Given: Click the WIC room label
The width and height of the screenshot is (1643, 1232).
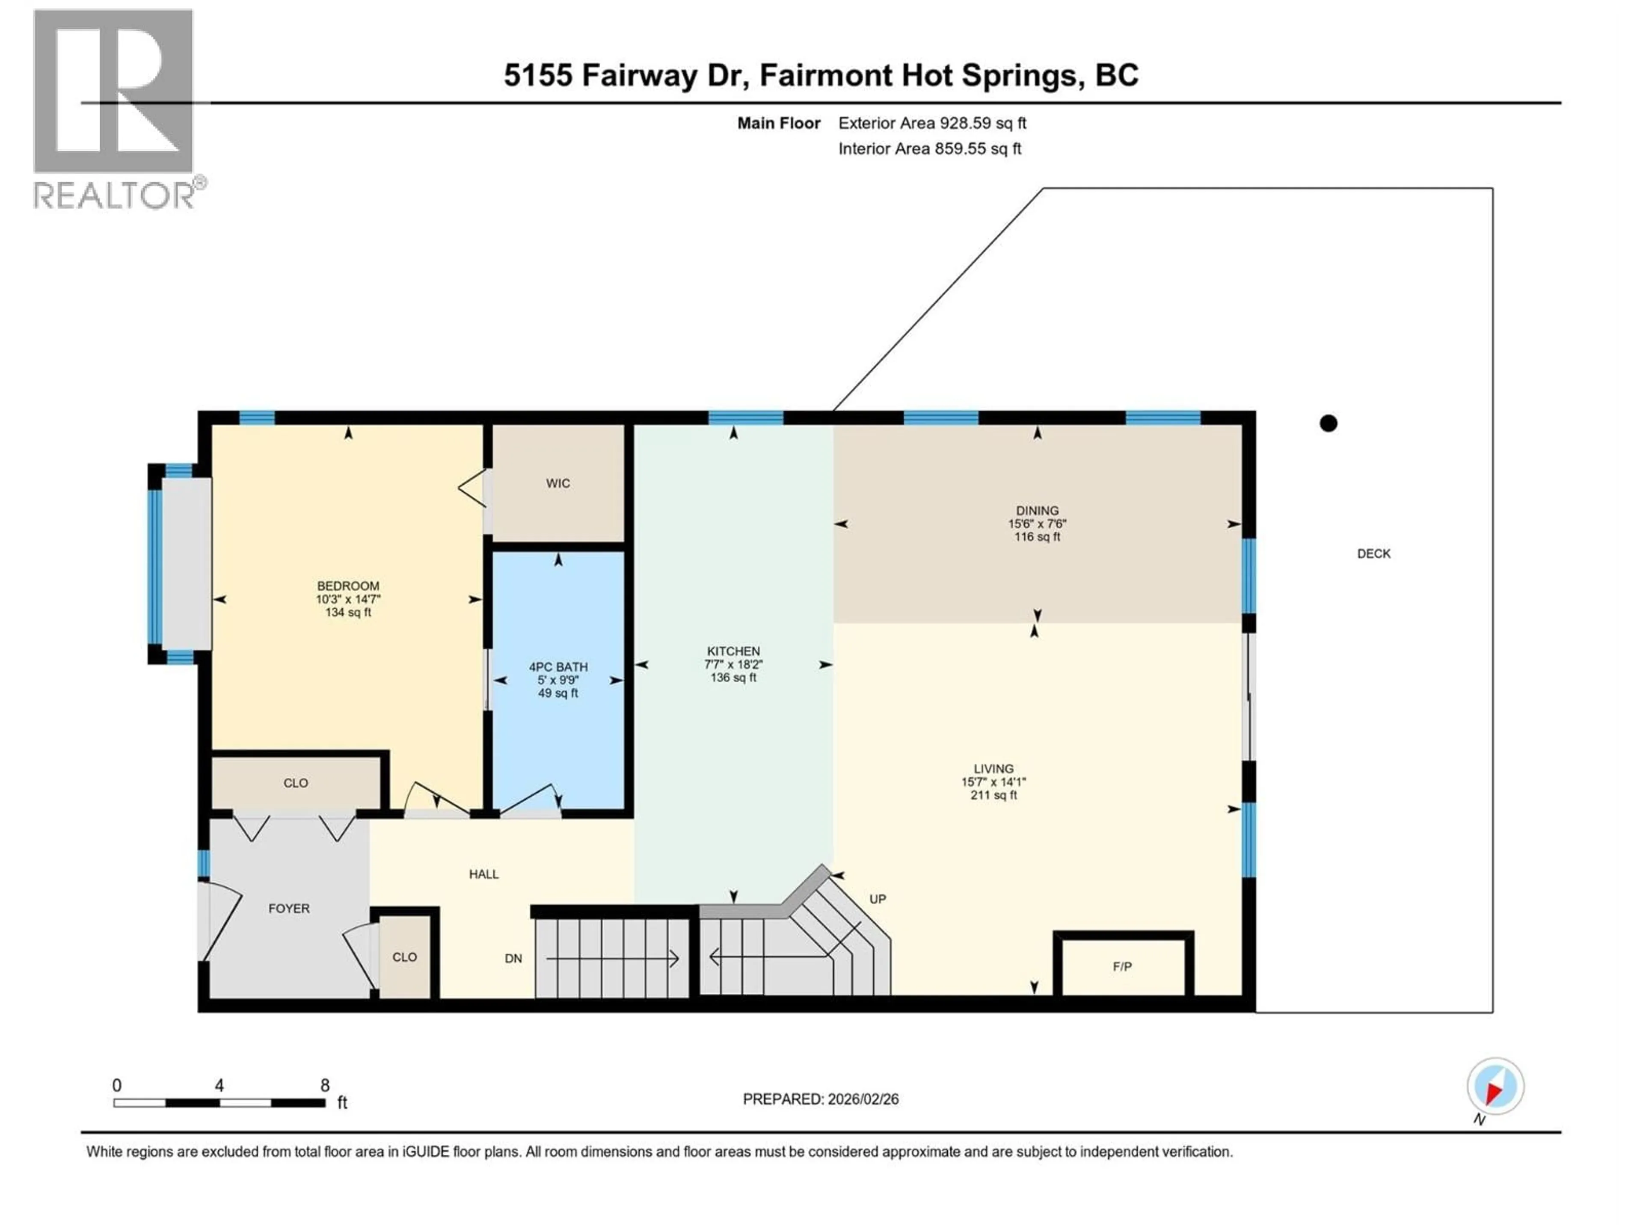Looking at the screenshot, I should tap(558, 483).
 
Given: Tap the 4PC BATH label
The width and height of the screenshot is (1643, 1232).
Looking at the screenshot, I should tap(558, 667).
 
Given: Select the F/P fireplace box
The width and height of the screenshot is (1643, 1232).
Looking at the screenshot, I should tap(1122, 966).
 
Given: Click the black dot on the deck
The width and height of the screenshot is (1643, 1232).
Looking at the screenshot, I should tap(1328, 423).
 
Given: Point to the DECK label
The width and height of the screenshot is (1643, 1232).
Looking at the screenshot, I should tap(1373, 553).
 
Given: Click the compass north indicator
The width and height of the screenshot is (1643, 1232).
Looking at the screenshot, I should tap(1495, 1087).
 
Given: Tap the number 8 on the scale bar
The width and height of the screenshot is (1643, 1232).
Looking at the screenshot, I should tap(325, 1085).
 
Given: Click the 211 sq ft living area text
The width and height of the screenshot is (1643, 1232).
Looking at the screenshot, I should tap(993, 795).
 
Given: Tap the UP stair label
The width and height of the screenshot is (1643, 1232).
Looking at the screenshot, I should tap(877, 899).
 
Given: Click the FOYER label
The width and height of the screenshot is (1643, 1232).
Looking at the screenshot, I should tap(289, 908).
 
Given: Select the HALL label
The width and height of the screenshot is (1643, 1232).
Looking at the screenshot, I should tap(483, 874).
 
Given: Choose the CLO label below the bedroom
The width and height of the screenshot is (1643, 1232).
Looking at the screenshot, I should tap(296, 783).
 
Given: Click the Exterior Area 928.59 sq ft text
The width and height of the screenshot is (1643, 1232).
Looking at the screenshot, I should tap(932, 123).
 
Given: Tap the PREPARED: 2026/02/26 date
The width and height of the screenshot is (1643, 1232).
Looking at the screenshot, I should tap(820, 1099).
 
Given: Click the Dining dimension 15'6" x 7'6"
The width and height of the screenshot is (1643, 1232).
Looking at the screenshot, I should tap(1037, 524).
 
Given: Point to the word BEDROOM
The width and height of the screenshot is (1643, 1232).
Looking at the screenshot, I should tap(347, 586).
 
